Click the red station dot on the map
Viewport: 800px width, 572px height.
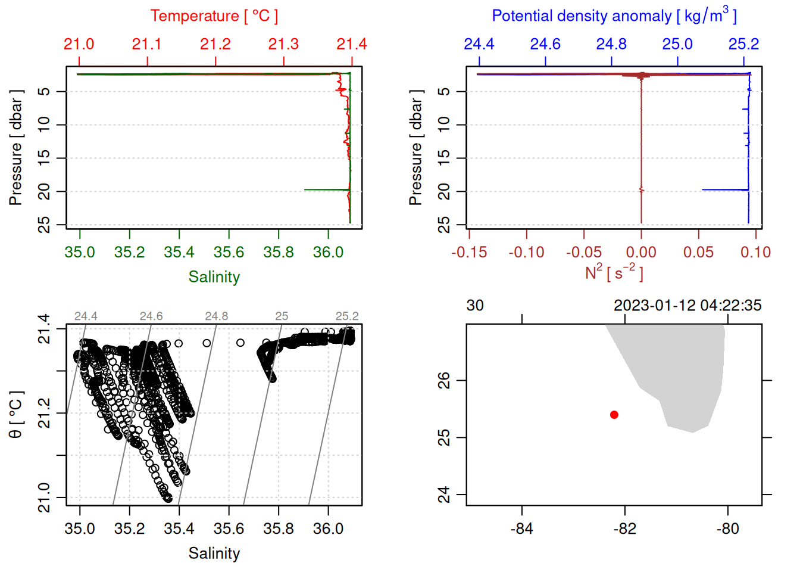pos(614,415)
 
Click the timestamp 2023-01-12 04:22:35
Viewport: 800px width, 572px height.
pos(687,306)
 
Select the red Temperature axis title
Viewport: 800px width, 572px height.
pos(214,16)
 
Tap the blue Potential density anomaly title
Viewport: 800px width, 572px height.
pos(614,15)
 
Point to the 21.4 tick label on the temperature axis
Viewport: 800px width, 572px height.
pos(351,44)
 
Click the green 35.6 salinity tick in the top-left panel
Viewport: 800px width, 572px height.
pos(229,252)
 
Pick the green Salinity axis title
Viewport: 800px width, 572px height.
pos(214,277)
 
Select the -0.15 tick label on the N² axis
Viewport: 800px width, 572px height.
pos(469,253)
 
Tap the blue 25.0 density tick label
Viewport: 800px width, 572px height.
pos(677,44)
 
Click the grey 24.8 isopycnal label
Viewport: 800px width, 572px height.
pos(217,316)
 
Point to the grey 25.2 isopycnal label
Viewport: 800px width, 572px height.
pos(347,316)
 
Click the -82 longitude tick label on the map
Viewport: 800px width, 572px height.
pos(624,529)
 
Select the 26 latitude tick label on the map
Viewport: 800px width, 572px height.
pos(444,380)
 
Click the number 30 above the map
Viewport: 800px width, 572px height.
pos(475,306)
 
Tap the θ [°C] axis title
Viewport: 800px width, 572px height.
pos(16,415)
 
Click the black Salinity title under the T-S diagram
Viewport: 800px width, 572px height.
pos(214,554)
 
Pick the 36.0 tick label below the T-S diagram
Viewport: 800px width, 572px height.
pos(328,529)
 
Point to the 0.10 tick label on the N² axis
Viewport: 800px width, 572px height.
pos(755,253)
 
